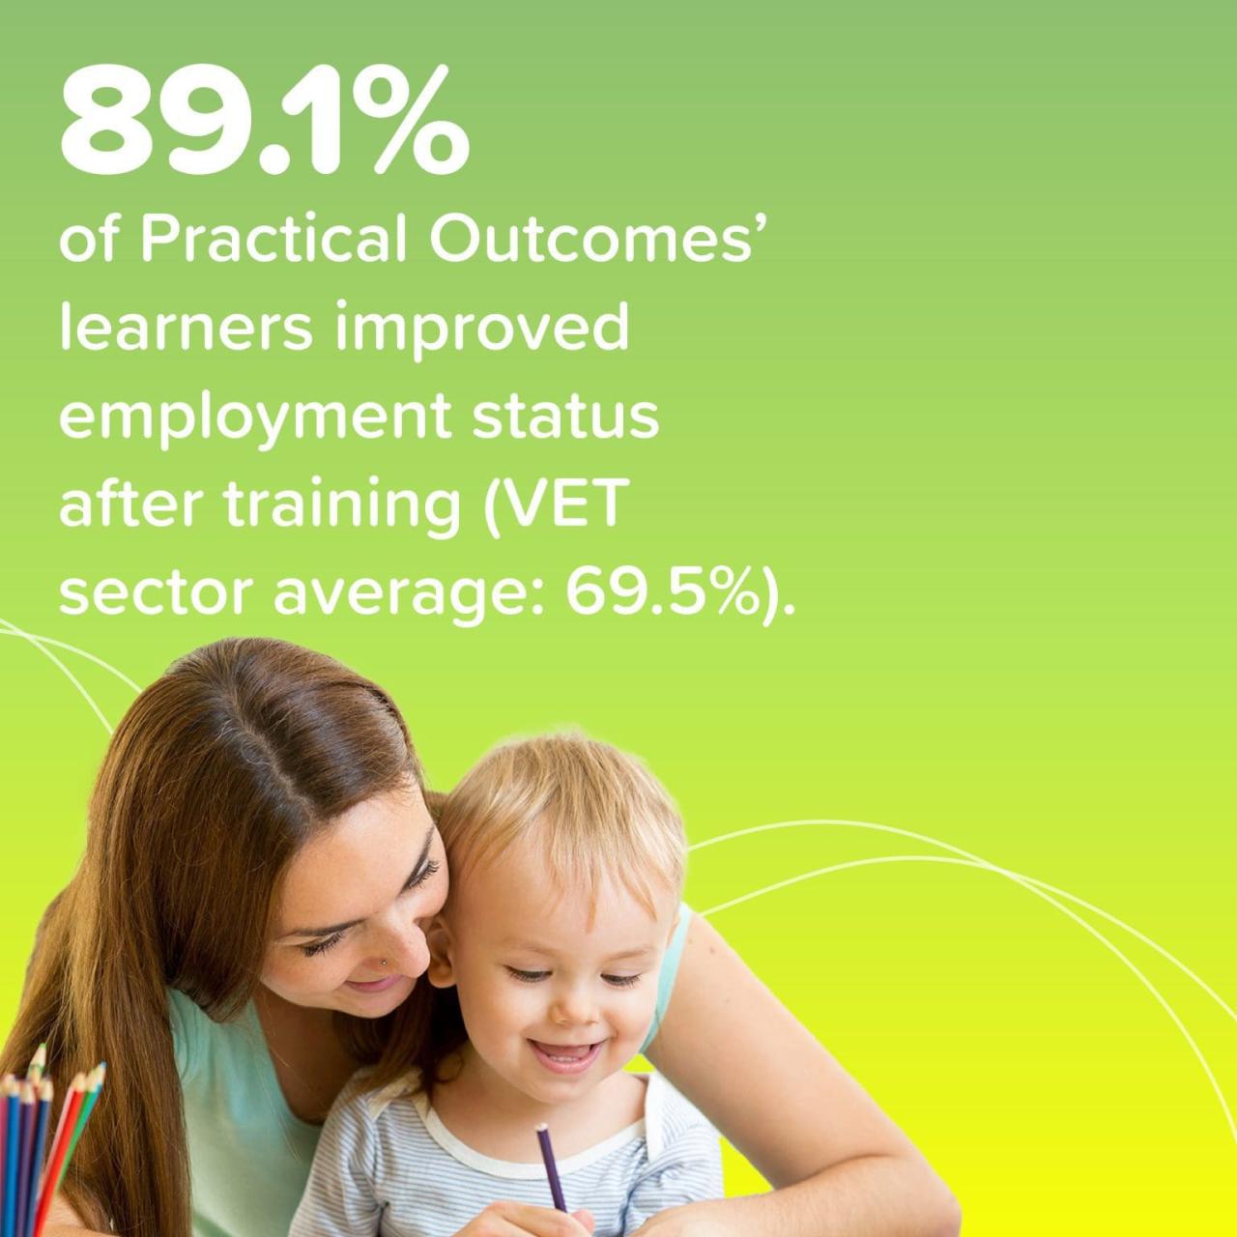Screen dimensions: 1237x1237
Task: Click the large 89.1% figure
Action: point(265,122)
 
